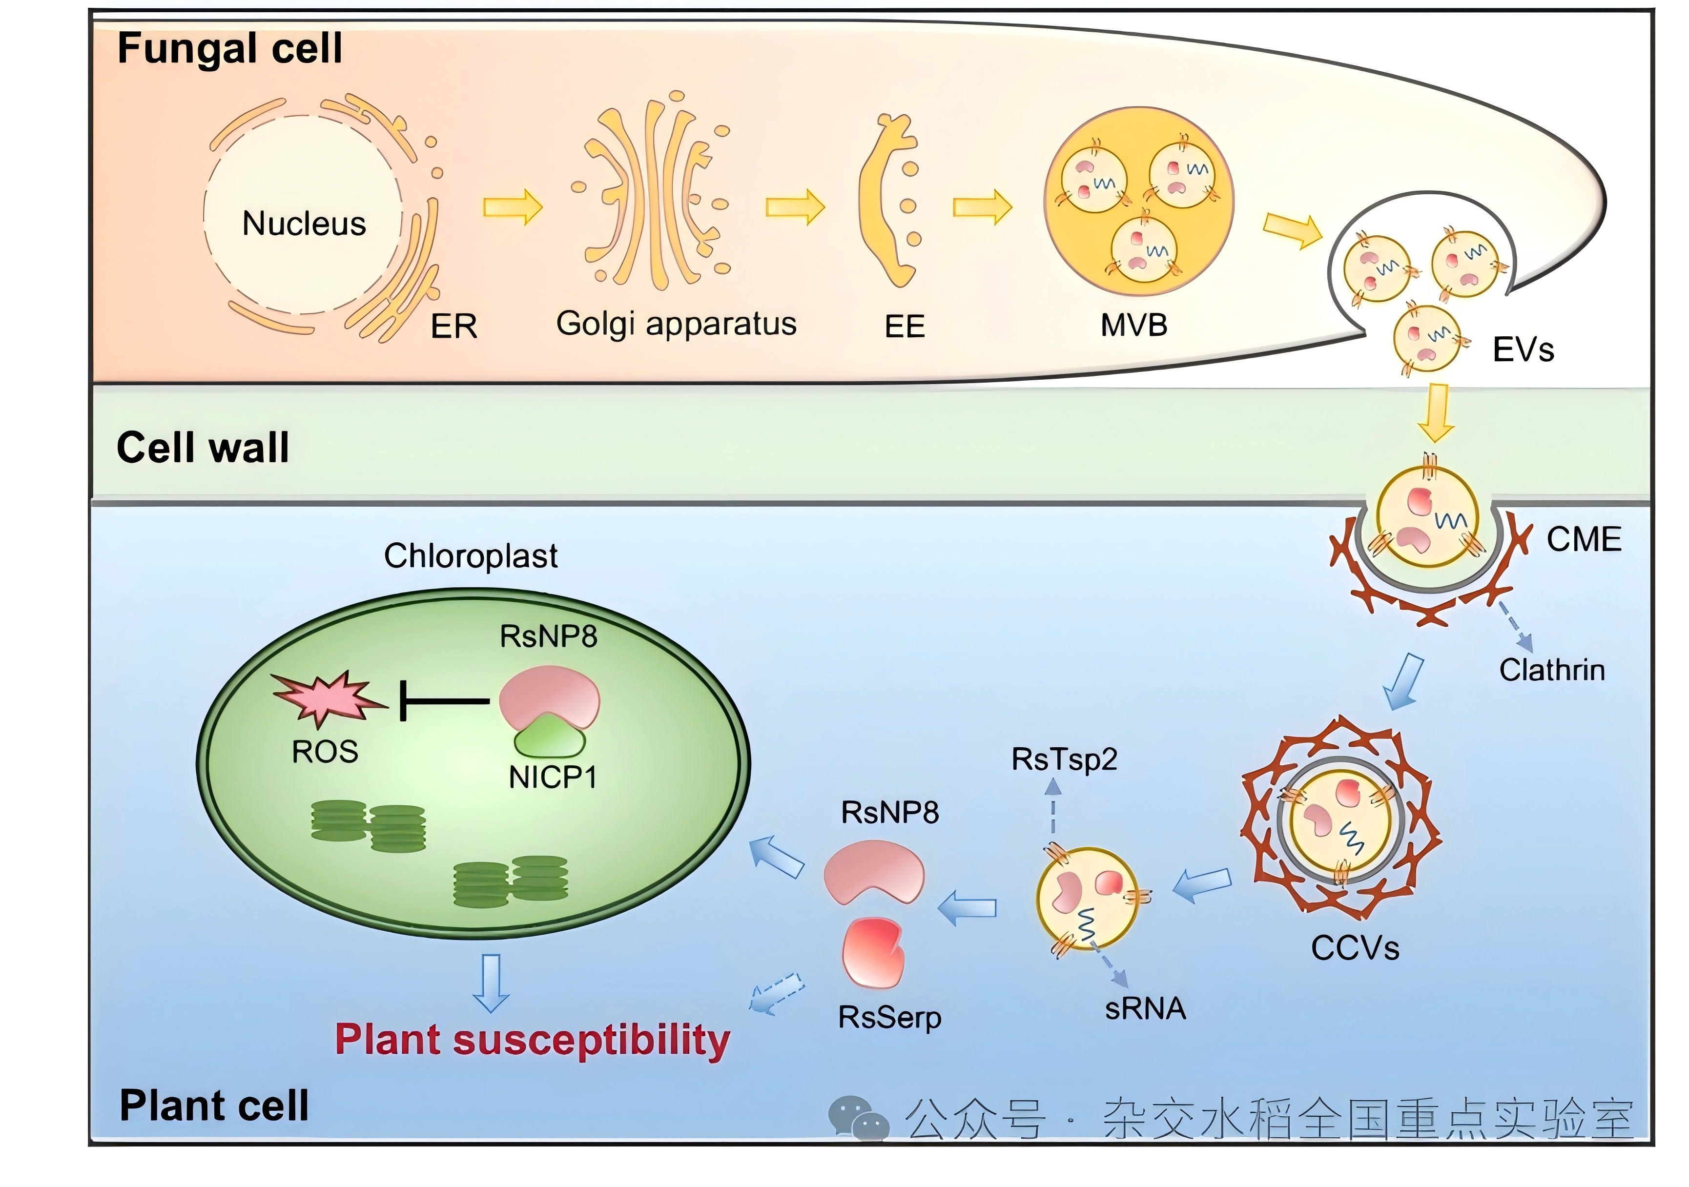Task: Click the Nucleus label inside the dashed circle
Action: click(304, 224)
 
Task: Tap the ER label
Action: click(454, 327)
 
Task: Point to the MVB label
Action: click(1133, 325)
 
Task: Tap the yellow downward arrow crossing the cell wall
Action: click(1435, 412)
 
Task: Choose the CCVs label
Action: click(1355, 948)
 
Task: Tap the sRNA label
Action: click(1145, 1008)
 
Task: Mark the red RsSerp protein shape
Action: click(873, 952)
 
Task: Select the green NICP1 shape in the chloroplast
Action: click(550, 737)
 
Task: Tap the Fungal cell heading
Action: click(229, 48)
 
